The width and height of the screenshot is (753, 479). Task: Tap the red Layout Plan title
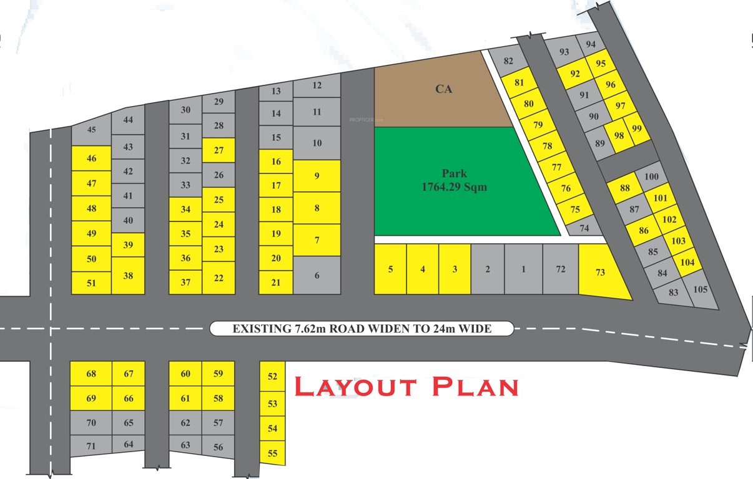tap(406, 387)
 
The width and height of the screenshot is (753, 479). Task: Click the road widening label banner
tap(362, 328)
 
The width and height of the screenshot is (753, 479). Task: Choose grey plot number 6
tap(317, 275)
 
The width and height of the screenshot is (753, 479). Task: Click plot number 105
tap(701, 289)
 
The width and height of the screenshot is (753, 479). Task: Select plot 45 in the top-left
tap(91, 130)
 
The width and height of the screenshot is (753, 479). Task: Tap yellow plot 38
tap(128, 274)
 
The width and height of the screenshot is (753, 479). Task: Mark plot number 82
tap(508, 61)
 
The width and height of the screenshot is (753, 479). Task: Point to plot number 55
tap(272, 453)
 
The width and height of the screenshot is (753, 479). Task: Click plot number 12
tap(317, 85)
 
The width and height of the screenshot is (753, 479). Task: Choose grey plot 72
tap(560, 269)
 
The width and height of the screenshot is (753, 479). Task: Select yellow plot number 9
tap(317, 176)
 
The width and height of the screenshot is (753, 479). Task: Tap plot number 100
tap(651, 177)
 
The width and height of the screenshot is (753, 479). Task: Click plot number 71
tap(91, 446)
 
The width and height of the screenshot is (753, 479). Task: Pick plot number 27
tap(219, 150)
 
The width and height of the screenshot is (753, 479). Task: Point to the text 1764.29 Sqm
tap(453, 187)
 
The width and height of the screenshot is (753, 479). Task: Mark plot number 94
tap(591, 44)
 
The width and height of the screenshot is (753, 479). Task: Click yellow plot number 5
tap(390, 269)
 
